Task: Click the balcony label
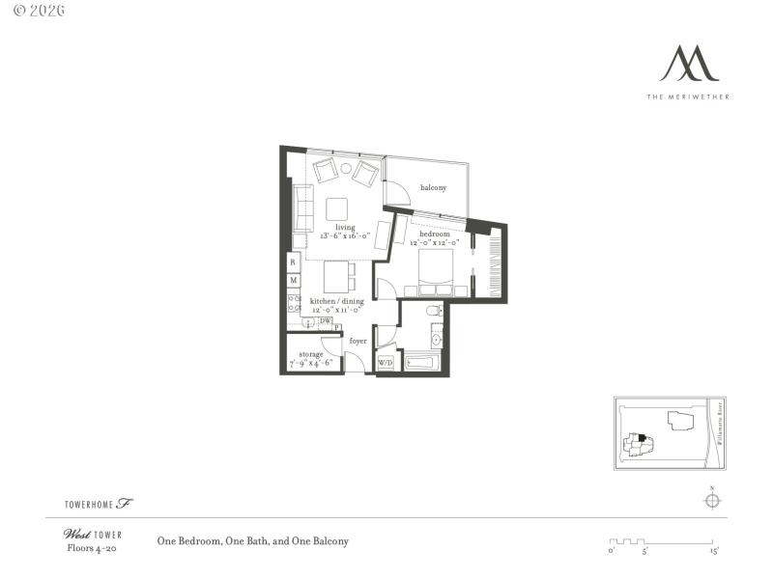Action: pyautogui.click(x=433, y=187)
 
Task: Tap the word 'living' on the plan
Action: pyautogui.click(x=345, y=228)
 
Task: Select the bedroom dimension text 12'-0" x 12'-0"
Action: pyautogui.click(x=433, y=243)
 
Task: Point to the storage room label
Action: pyautogui.click(x=310, y=354)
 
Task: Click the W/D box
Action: pyautogui.click(x=386, y=363)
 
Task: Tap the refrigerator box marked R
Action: pyautogui.click(x=293, y=262)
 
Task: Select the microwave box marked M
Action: pyautogui.click(x=293, y=280)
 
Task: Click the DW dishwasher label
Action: pyautogui.click(x=326, y=321)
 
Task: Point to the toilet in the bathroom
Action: pyautogui.click(x=434, y=311)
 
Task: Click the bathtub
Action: pyautogui.click(x=422, y=364)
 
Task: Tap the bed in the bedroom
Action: pyautogui.click(x=435, y=271)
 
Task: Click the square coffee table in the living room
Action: pyautogui.click(x=337, y=209)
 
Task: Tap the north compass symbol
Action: pyautogui.click(x=711, y=499)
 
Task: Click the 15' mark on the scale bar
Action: pyautogui.click(x=714, y=551)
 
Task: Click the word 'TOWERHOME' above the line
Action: pyautogui.click(x=89, y=504)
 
